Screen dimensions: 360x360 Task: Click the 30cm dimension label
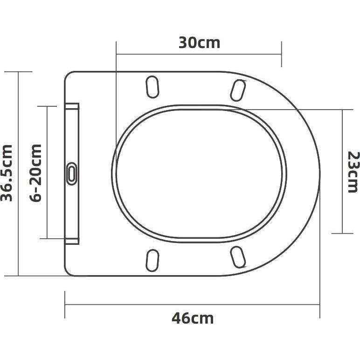click(199, 43)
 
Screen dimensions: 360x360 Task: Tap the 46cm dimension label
click(193, 318)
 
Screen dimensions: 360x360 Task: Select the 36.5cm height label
click(7, 173)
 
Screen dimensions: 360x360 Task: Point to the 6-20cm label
click(36, 173)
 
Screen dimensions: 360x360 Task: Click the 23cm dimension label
click(353, 172)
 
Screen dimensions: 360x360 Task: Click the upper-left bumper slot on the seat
click(152, 87)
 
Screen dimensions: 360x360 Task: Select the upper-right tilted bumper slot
click(238, 90)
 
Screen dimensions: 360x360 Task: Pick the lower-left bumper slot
click(152, 260)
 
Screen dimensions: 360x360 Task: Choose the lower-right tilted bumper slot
click(238, 257)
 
